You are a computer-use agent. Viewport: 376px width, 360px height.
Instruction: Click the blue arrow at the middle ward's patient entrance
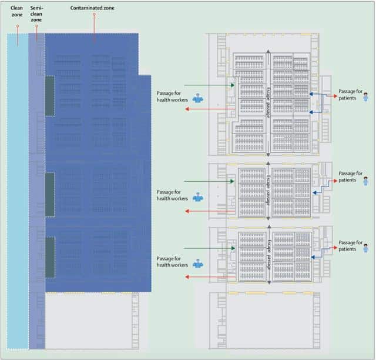click(317, 191)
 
